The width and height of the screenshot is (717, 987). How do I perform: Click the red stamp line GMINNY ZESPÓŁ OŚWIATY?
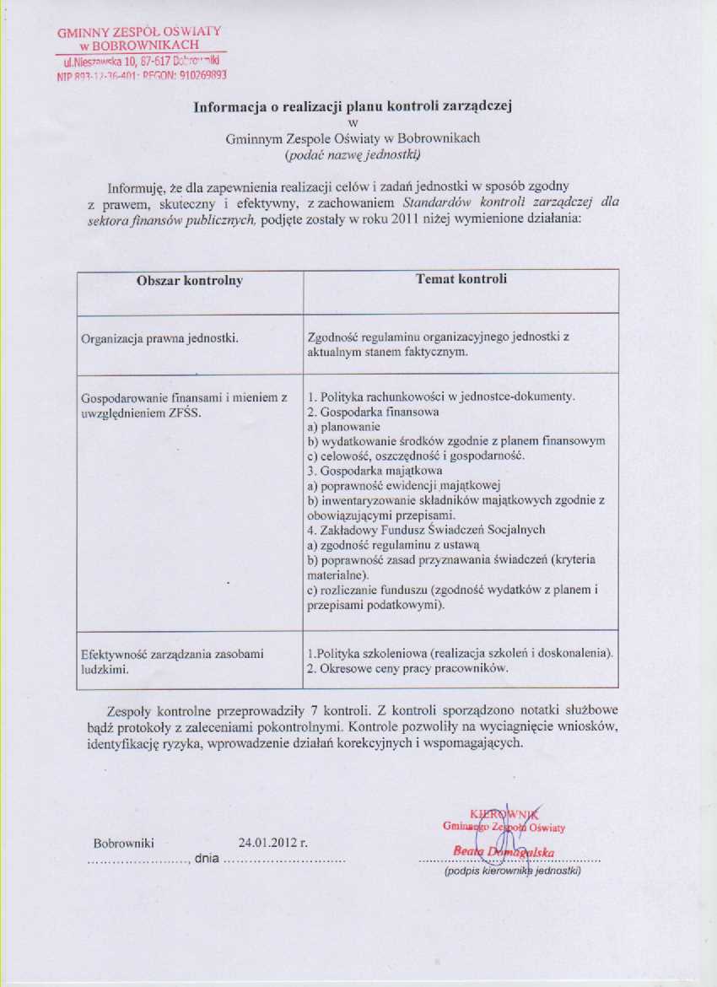pyautogui.click(x=140, y=32)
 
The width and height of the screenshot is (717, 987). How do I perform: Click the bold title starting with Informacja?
pyautogui.click(x=353, y=107)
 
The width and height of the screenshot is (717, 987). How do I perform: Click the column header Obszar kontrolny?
pyautogui.click(x=190, y=281)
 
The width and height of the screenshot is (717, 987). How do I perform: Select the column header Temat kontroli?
pyautogui.click(x=461, y=278)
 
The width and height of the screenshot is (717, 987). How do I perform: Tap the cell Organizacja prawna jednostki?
pyautogui.click(x=159, y=338)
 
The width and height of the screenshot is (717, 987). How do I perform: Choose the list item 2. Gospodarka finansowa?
pyautogui.click(x=373, y=413)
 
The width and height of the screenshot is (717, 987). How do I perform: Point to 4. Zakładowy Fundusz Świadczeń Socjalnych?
pyautogui.click(x=426, y=530)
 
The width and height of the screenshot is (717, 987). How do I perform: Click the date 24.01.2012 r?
pyautogui.click(x=273, y=842)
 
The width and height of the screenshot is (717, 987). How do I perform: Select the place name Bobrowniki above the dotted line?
pyautogui.click(x=124, y=842)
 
